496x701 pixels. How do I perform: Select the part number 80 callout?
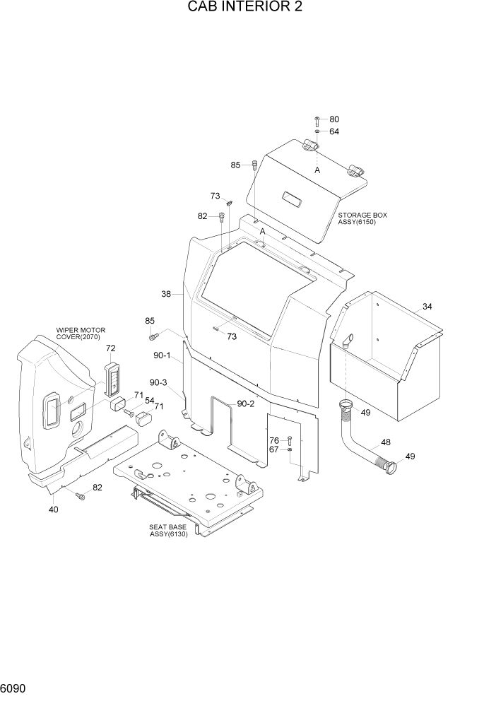pyautogui.click(x=334, y=119)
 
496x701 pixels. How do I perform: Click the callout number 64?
pyautogui.click(x=334, y=131)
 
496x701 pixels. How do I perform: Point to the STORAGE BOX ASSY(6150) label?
pyautogui.click(x=362, y=218)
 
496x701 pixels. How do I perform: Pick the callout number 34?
pyautogui.click(x=427, y=306)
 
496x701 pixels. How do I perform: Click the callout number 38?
pyautogui.click(x=166, y=294)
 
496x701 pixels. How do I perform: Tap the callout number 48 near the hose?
pyautogui.click(x=385, y=443)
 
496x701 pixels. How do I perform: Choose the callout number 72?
pyautogui.click(x=110, y=348)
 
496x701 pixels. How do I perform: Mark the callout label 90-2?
pyautogui.click(x=245, y=403)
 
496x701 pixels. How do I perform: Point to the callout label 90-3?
pyautogui.click(x=158, y=382)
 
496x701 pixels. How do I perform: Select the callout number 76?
pyautogui.click(x=273, y=440)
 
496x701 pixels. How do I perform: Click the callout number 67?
pyautogui.click(x=273, y=449)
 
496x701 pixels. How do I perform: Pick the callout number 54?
pyautogui.click(x=149, y=401)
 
